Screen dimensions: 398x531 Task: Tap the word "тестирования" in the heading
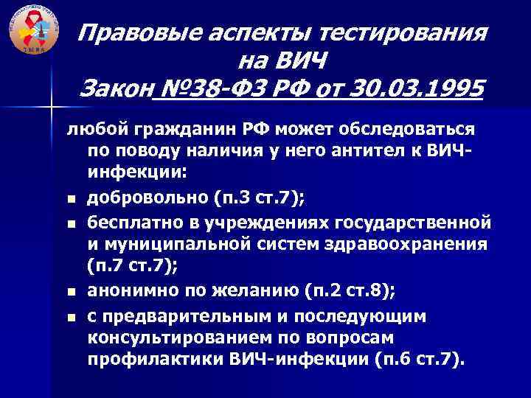(x=409, y=32)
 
